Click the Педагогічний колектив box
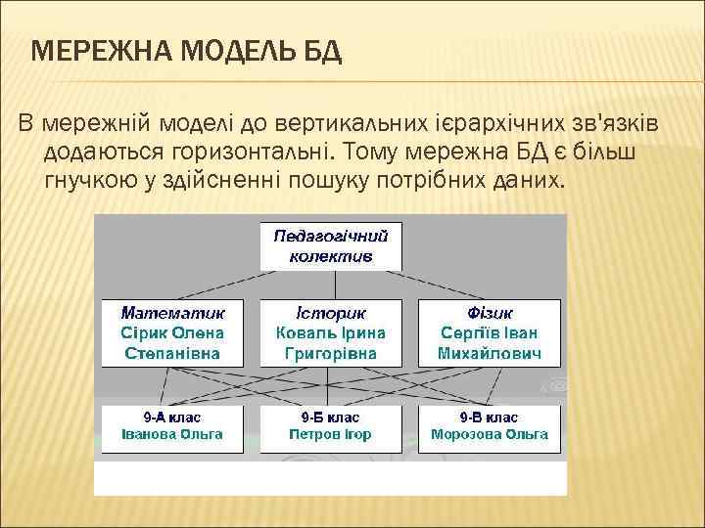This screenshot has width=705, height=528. coord(331,246)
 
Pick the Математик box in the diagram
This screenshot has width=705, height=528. coord(172,332)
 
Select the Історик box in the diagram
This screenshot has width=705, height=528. coord(331,332)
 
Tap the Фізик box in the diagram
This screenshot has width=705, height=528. coord(490,332)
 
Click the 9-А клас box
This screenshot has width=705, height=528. coord(172,427)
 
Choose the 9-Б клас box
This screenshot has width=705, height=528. coord(331,427)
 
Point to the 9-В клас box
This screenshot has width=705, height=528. coord(490,427)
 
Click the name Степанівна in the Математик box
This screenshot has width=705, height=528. coord(172,352)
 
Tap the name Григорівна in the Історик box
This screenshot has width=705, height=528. coord(331,352)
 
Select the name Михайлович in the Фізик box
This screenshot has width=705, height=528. coord(490,352)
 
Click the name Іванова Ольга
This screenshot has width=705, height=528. coord(172,435)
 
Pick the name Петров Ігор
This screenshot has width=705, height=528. coord(331,435)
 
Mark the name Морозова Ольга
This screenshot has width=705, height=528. coord(490,435)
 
